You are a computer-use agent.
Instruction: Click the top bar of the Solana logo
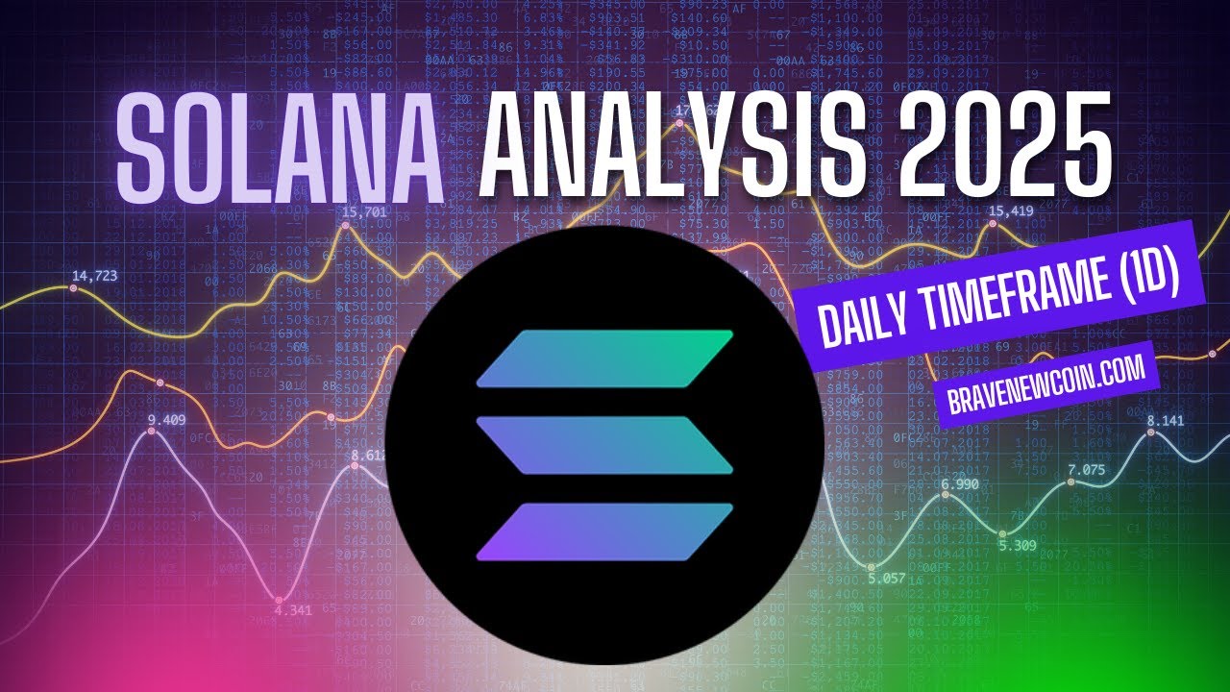pyautogui.click(x=604, y=358)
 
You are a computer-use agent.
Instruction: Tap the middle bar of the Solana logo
pyautogui.click(x=604, y=445)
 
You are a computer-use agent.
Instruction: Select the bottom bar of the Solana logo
pyautogui.click(x=604, y=531)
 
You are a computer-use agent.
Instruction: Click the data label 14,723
pyautogui.click(x=94, y=277)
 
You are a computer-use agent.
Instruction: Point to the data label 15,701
pyautogui.click(x=363, y=212)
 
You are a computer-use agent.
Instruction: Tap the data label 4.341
pyautogui.click(x=292, y=610)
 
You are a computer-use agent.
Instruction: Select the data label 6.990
pyautogui.click(x=960, y=484)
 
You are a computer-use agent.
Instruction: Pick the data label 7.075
pyautogui.click(x=1087, y=470)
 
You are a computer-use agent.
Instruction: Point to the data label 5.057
pyautogui.click(x=886, y=579)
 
